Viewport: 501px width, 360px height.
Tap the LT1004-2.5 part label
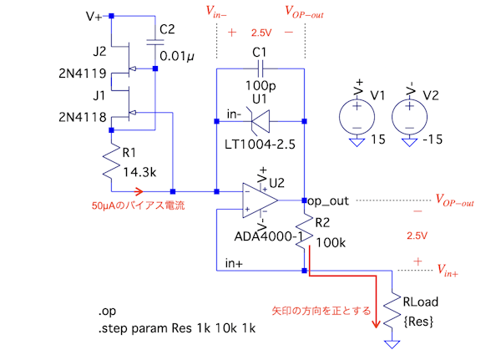pyautogui.click(x=261, y=145)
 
